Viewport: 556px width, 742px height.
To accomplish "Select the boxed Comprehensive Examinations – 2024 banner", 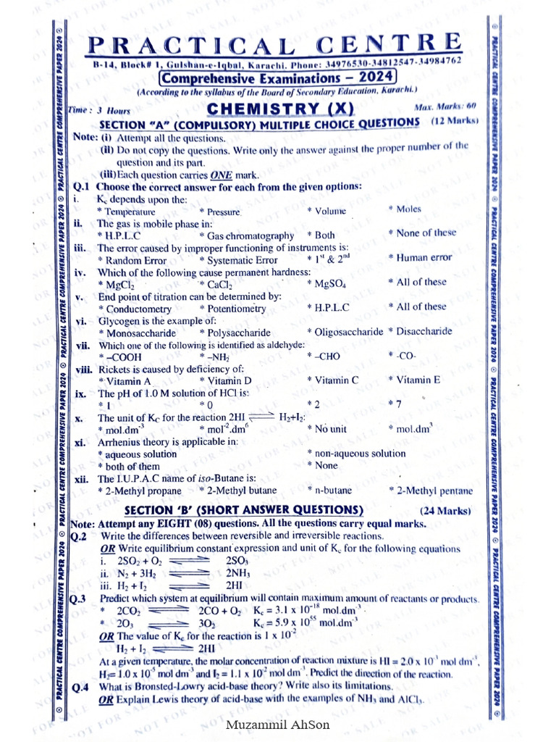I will pos(277,78).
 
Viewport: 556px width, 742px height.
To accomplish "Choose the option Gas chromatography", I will pos(250,235).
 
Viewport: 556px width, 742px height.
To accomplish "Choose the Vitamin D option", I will pos(229,380).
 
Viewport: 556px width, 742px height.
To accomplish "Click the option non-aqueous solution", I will pos(359,454).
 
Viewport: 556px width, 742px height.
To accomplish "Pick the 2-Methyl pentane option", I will pos(434,491).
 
